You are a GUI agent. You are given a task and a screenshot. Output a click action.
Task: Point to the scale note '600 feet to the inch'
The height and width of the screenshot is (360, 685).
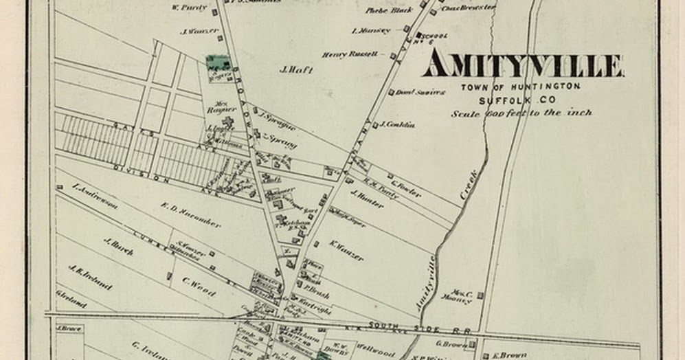click(521, 113)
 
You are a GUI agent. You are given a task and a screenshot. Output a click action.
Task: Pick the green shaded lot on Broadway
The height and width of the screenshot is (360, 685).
click(219, 65)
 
